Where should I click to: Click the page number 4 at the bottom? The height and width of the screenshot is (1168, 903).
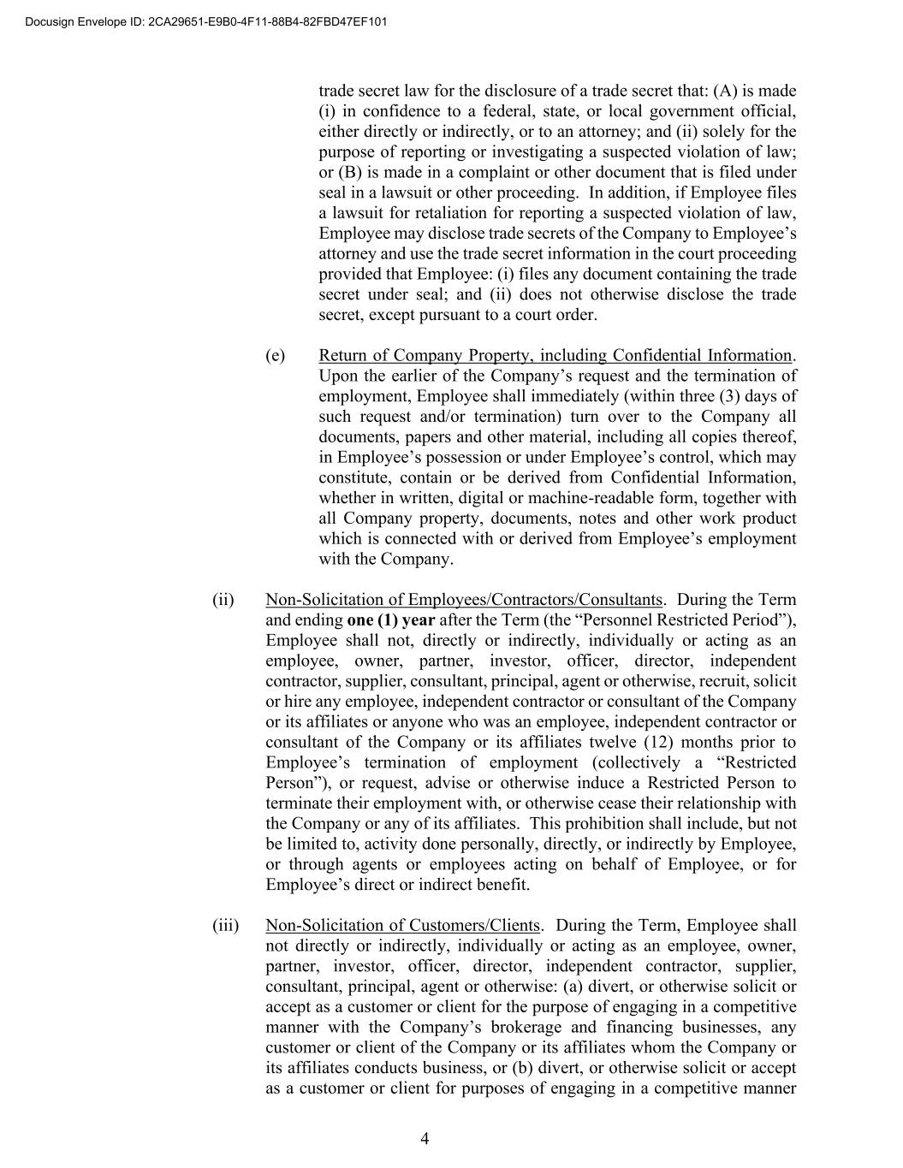(x=425, y=1138)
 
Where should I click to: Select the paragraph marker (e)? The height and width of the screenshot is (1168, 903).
(x=275, y=355)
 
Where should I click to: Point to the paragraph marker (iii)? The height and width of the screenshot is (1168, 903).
(x=225, y=925)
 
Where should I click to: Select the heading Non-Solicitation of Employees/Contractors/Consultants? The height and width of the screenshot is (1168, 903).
(x=464, y=600)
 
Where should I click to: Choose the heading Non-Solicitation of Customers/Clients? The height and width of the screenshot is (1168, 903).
(x=403, y=925)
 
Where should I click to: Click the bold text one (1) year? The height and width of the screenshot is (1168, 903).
(x=390, y=620)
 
